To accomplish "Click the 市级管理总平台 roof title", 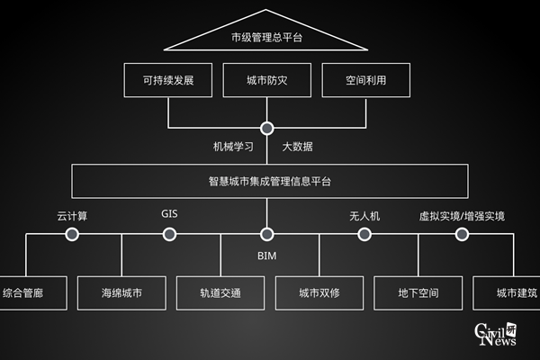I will coord(266,38).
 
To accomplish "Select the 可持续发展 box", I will coord(168,81).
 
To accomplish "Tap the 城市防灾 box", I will coord(266,81).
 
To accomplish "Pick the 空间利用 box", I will coord(365,81).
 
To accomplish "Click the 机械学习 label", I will coord(232,146).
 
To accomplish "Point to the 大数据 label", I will coord(298,146).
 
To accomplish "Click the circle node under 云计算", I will coord(72,234).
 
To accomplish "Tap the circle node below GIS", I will coord(169,234).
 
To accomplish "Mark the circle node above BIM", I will coord(266,234).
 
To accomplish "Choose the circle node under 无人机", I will coord(364,234).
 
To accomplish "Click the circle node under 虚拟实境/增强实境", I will coord(462,234).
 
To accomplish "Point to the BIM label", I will coord(266,256).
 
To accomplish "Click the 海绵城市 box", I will coord(121,292).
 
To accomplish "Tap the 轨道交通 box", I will coord(220,292).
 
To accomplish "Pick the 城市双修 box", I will coord(319,292).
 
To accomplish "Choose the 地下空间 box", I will coord(418,292).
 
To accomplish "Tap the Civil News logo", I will coord(499,335).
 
